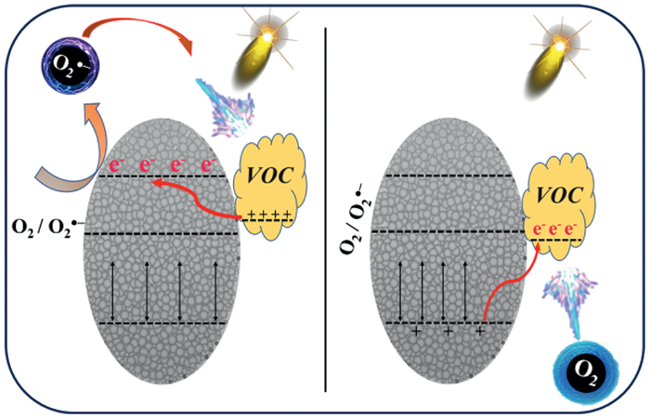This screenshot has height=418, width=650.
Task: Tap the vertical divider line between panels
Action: pyautogui.click(x=325, y=209)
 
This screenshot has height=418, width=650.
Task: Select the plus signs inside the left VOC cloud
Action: pyautogui.click(x=273, y=216)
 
